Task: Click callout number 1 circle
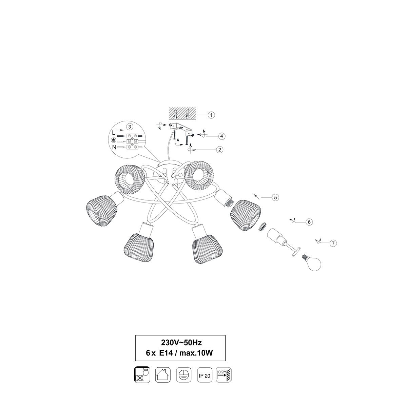coord(211,115)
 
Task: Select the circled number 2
coord(220,150)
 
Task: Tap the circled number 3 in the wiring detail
coord(130,127)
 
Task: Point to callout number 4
coord(221,136)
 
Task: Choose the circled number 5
coord(275,197)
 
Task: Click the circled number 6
coord(309,222)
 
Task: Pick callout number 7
coord(333,243)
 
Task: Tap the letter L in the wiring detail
coord(114,133)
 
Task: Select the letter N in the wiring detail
coord(114,147)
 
